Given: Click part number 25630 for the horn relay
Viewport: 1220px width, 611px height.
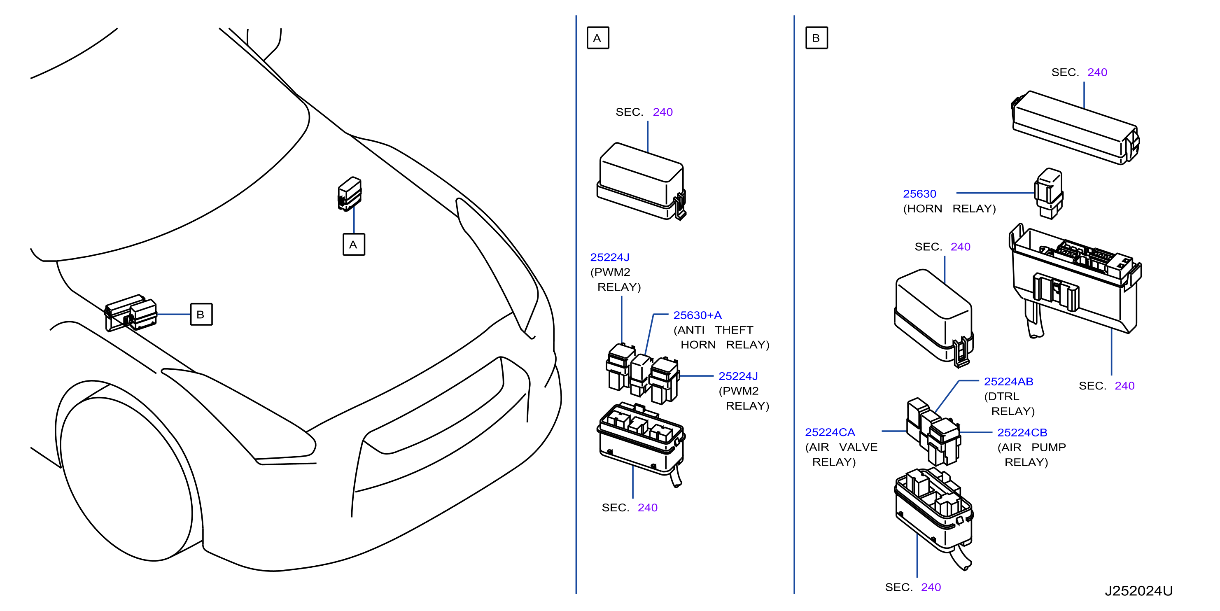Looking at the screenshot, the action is [919, 194].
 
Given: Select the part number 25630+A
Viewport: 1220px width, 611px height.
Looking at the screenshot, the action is [697, 315].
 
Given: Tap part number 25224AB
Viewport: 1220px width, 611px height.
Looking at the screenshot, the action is [1008, 381].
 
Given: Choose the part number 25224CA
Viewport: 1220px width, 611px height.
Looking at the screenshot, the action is [830, 432].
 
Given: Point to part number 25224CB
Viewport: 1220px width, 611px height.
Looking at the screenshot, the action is [1022, 432].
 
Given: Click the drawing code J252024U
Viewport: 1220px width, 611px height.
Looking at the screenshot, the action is [1138, 591].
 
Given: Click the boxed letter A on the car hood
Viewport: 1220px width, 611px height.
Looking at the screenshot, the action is [353, 245].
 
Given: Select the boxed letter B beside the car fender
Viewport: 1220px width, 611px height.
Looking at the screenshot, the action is [201, 314].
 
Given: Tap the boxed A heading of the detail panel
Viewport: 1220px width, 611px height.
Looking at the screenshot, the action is [598, 38].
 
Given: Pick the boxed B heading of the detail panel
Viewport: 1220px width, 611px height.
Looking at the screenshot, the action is [816, 38].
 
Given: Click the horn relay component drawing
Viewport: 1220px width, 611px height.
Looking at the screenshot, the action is [1049, 193].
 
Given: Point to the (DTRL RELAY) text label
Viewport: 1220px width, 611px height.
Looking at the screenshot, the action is [1009, 403].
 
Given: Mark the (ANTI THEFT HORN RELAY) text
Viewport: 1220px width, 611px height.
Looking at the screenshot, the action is [721, 337].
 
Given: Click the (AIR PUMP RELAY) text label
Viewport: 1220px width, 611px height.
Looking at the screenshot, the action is [1031, 455].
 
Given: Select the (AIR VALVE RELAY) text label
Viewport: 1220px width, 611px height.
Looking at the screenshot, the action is [841, 454].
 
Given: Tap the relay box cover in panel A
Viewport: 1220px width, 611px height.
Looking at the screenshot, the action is [641, 182].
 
